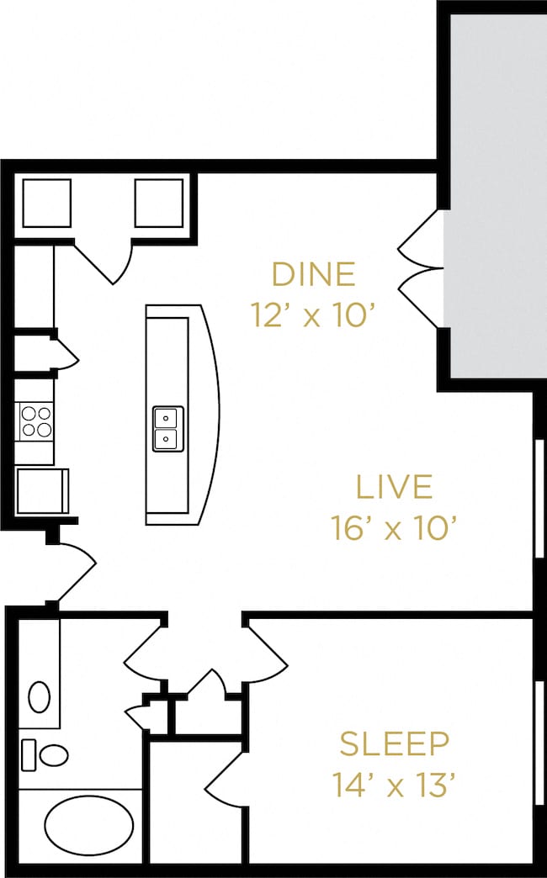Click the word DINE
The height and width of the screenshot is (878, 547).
click(313, 274)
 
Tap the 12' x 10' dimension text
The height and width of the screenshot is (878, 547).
click(312, 315)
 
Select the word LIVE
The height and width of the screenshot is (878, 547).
click(395, 487)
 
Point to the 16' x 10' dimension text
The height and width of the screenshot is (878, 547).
click(395, 528)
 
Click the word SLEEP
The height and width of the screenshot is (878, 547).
click(395, 743)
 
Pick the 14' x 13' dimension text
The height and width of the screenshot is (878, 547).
click(394, 785)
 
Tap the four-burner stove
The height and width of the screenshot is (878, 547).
click(36, 421)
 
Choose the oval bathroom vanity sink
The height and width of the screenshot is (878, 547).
click(40, 697)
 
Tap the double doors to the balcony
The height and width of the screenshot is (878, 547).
click(420, 269)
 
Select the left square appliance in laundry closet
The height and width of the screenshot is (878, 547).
click(46, 203)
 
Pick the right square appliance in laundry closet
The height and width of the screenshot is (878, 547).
click(159, 203)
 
